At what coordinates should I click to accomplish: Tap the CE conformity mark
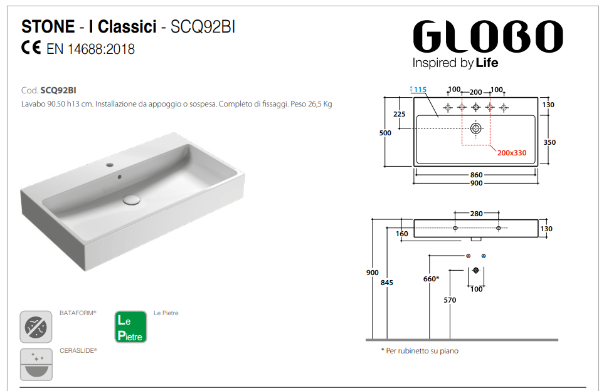coord(31,48)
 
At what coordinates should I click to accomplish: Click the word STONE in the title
coord(47,26)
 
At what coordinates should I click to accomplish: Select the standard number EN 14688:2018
coord(90,49)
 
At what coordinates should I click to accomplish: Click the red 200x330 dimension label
coord(512,152)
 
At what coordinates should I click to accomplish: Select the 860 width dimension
coord(476,175)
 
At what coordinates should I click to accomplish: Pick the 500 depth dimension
coord(385,133)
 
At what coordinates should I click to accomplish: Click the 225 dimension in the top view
coord(399,114)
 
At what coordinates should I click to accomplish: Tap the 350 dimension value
coord(549,142)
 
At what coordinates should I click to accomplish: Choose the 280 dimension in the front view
coord(476,214)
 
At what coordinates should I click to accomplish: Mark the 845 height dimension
coord(387,283)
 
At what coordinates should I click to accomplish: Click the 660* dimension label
coord(430,279)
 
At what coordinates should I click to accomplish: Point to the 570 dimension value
coord(450,300)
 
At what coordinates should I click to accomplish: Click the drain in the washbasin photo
coord(131,199)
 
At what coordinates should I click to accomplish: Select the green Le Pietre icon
coord(130,327)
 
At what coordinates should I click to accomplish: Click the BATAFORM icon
coord(36,326)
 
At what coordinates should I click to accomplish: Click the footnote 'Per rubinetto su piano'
coord(420,351)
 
